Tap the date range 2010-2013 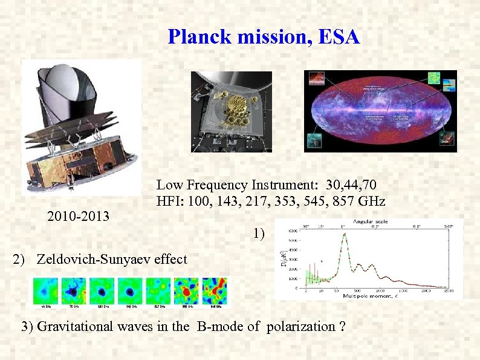78,215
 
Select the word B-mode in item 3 219,327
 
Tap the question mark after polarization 343,327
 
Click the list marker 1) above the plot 260,233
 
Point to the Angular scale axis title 371,221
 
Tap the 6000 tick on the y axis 291,230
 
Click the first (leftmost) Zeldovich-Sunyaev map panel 46,290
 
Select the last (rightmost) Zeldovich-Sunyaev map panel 215,290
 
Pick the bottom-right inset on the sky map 446,140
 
